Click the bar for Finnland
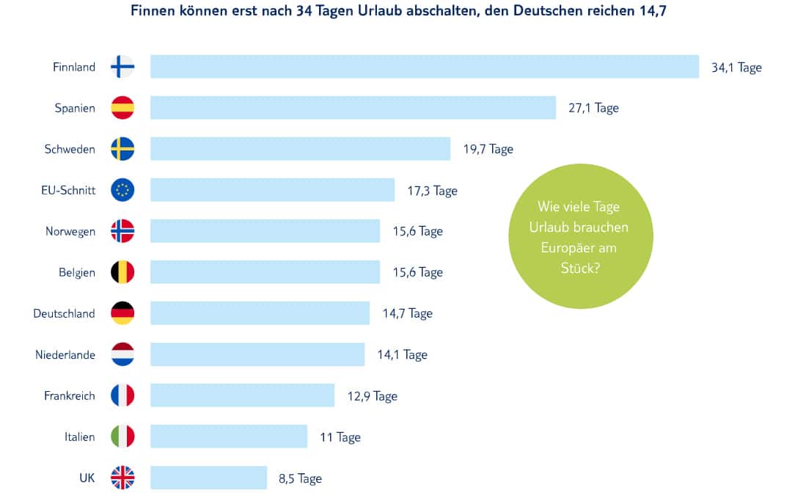click(x=425, y=67)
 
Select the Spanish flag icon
click(x=122, y=108)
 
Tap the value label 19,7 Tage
click(x=488, y=149)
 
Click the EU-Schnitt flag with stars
click(x=122, y=190)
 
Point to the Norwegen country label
click(x=70, y=231)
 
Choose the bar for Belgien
click(x=265, y=272)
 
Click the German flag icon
click(x=122, y=313)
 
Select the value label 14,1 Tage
click(x=402, y=354)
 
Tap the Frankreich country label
click(x=70, y=395)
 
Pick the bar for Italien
click(x=229, y=437)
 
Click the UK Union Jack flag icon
click(x=122, y=478)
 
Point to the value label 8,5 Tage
click(x=300, y=478)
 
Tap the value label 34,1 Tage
click(x=736, y=67)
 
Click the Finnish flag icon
click(x=122, y=67)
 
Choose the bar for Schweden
click(x=300, y=149)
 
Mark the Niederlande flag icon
click(x=122, y=354)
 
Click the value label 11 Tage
click(x=340, y=437)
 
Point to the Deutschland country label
click(x=64, y=313)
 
